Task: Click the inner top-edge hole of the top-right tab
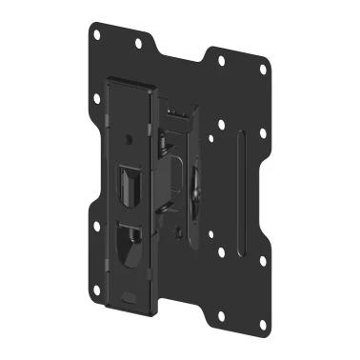pos(221,61)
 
